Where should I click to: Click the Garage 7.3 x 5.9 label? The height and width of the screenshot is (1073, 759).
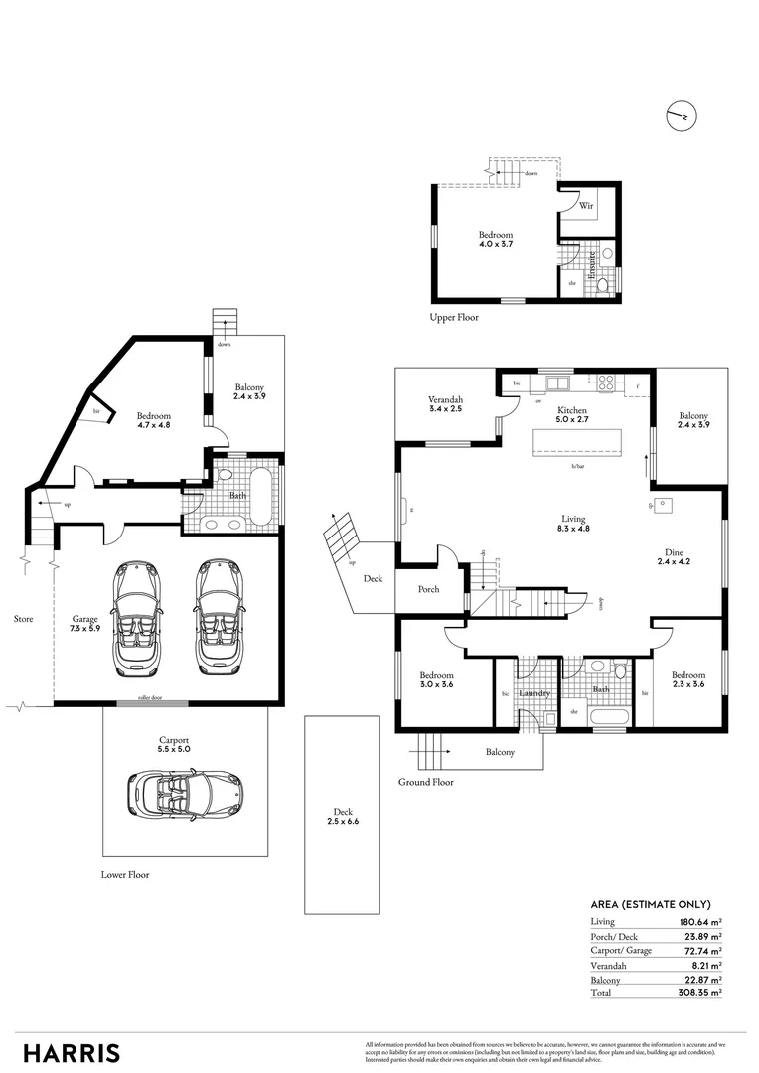[83, 623]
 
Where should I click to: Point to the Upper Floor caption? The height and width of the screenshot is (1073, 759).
[454, 317]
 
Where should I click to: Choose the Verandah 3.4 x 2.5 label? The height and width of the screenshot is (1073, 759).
[446, 405]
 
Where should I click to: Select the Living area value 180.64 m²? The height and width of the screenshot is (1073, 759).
[698, 922]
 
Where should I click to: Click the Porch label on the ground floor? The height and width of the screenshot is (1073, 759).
[428, 589]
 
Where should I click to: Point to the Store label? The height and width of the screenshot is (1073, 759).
[23, 619]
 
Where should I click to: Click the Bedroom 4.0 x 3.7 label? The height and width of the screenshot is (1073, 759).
[494, 241]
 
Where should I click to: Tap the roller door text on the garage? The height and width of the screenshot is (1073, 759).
[149, 699]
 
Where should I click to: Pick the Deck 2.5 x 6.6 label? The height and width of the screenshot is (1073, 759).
[341, 817]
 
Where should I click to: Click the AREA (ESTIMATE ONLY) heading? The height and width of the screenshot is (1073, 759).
[650, 904]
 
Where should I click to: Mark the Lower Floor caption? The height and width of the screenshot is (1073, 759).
[125, 875]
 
